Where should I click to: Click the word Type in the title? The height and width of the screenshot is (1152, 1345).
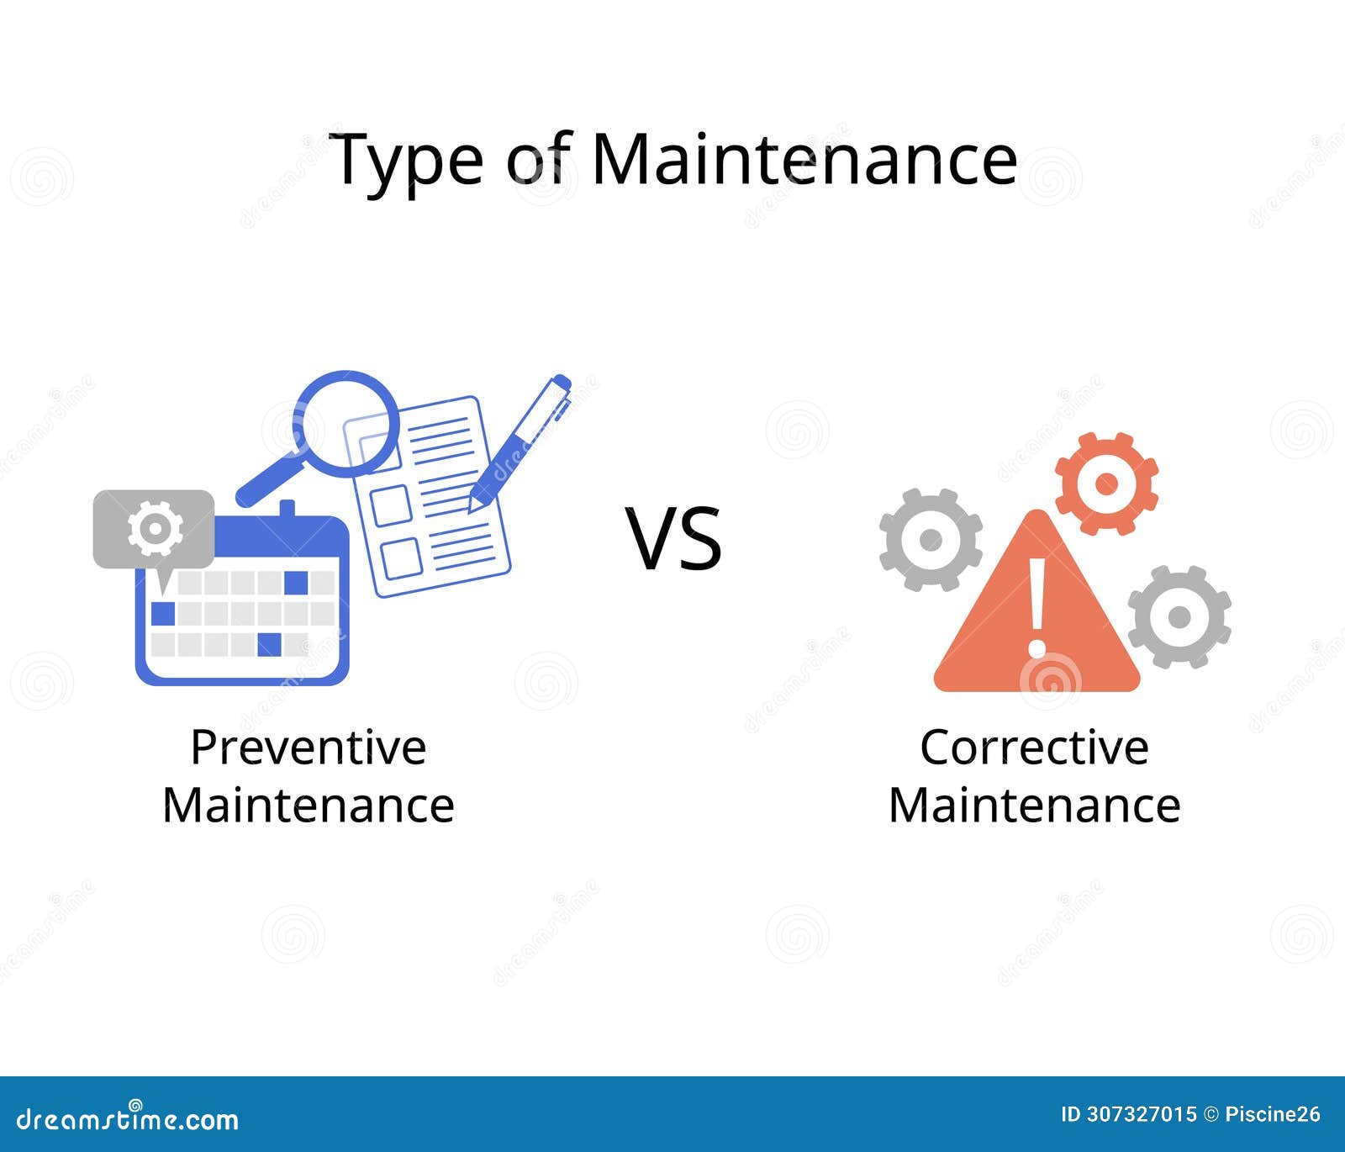pyautogui.click(x=405, y=160)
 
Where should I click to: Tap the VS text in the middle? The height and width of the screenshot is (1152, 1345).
pyautogui.click(x=673, y=539)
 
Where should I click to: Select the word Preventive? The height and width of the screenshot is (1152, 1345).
pyautogui.click(x=309, y=747)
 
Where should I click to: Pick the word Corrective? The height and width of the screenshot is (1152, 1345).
pyautogui.click(x=1034, y=747)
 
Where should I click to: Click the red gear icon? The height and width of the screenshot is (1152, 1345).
pyautogui.click(x=1106, y=484)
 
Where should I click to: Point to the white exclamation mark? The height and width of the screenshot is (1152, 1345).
pyautogui.click(x=1037, y=605)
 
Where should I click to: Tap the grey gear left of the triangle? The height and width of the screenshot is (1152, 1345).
pyautogui.click(x=931, y=539)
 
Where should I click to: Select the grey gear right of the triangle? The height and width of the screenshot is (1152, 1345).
pyautogui.click(x=1179, y=616)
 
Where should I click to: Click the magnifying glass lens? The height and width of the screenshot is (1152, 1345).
pyautogui.click(x=345, y=423)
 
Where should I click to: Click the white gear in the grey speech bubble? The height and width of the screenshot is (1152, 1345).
pyautogui.click(x=155, y=528)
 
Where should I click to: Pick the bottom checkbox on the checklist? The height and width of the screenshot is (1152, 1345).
pyautogui.click(x=400, y=558)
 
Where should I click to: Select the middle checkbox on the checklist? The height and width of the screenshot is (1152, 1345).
pyautogui.click(x=391, y=505)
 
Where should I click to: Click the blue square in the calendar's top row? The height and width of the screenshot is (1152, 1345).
pyautogui.click(x=297, y=582)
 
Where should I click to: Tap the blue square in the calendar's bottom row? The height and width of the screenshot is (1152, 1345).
pyautogui.click(x=269, y=644)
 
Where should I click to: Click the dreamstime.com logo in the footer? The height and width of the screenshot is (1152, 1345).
pyautogui.click(x=128, y=1119)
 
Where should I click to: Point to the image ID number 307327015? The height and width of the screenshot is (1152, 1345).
pyautogui.click(x=1141, y=1115)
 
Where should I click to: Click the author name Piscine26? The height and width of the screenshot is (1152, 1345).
pyautogui.click(x=1273, y=1115)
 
